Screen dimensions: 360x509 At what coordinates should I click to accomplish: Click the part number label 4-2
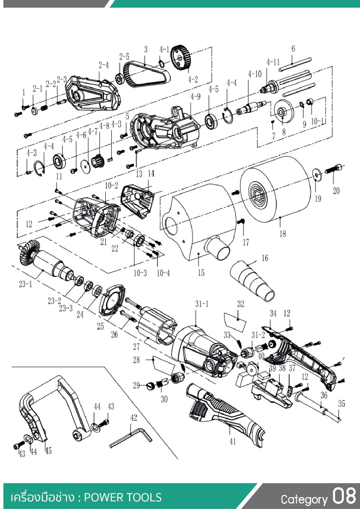pos(193,79)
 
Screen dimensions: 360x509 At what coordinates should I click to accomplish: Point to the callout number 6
pos(293,48)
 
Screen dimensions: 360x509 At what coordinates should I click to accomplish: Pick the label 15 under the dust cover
pos(201,272)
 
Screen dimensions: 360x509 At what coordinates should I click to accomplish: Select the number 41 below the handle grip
pos(232,441)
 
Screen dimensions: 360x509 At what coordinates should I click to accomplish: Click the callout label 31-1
pos(202,304)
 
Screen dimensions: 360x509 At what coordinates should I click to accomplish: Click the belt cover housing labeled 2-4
pos(93,93)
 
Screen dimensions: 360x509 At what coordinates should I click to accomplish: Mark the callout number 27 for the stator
pos(136,347)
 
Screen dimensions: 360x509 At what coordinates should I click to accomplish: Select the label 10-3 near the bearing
pos(140,273)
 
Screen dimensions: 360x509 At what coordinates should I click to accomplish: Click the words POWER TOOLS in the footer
pos(123,498)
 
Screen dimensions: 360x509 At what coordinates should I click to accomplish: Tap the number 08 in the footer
pos(344,495)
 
